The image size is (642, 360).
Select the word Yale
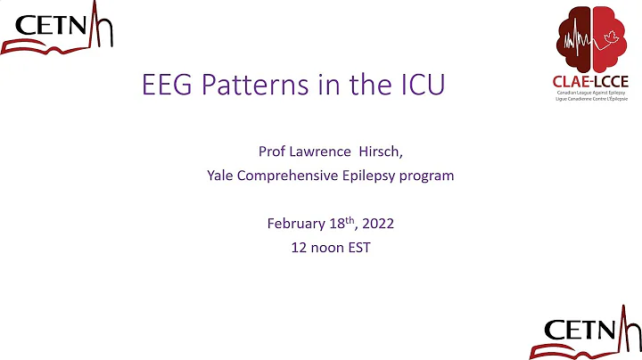pos(220,176)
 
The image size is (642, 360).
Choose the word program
pos(428,176)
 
